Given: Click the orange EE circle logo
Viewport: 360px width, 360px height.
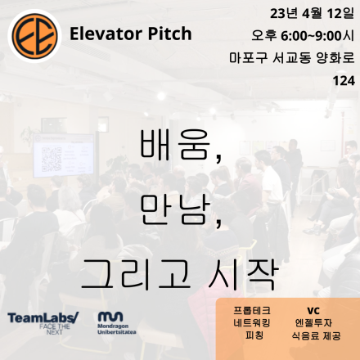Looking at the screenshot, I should pyautogui.click(x=33, y=33).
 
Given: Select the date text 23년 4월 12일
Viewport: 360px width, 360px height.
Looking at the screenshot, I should pyautogui.click(x=304, y=14).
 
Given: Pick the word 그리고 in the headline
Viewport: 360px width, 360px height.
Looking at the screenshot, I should pyautogui.click(x=134, y=271).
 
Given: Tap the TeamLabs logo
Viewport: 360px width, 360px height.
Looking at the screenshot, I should pyautogui.click(x=43, y=320).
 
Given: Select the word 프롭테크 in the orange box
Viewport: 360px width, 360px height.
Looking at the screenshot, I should pyautogui.click(x=253, y=311).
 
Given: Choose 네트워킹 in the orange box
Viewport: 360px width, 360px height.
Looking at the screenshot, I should pyautogui.click(x=253, y=323).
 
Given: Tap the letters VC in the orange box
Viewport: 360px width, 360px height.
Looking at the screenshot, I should pyautogui.click(x=313, y=311).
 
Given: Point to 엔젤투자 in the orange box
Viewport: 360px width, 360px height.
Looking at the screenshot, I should pyautogui.click(x=313, y=323).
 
